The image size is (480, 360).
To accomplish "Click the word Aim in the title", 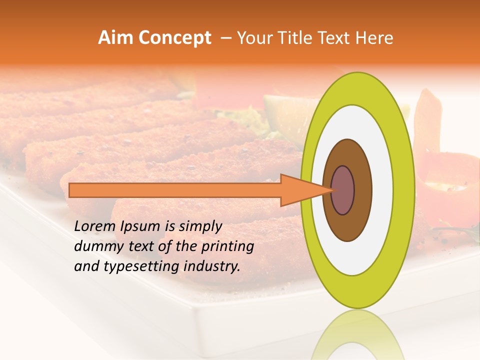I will (115, 38).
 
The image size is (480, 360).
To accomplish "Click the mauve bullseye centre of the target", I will (342, 190).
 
